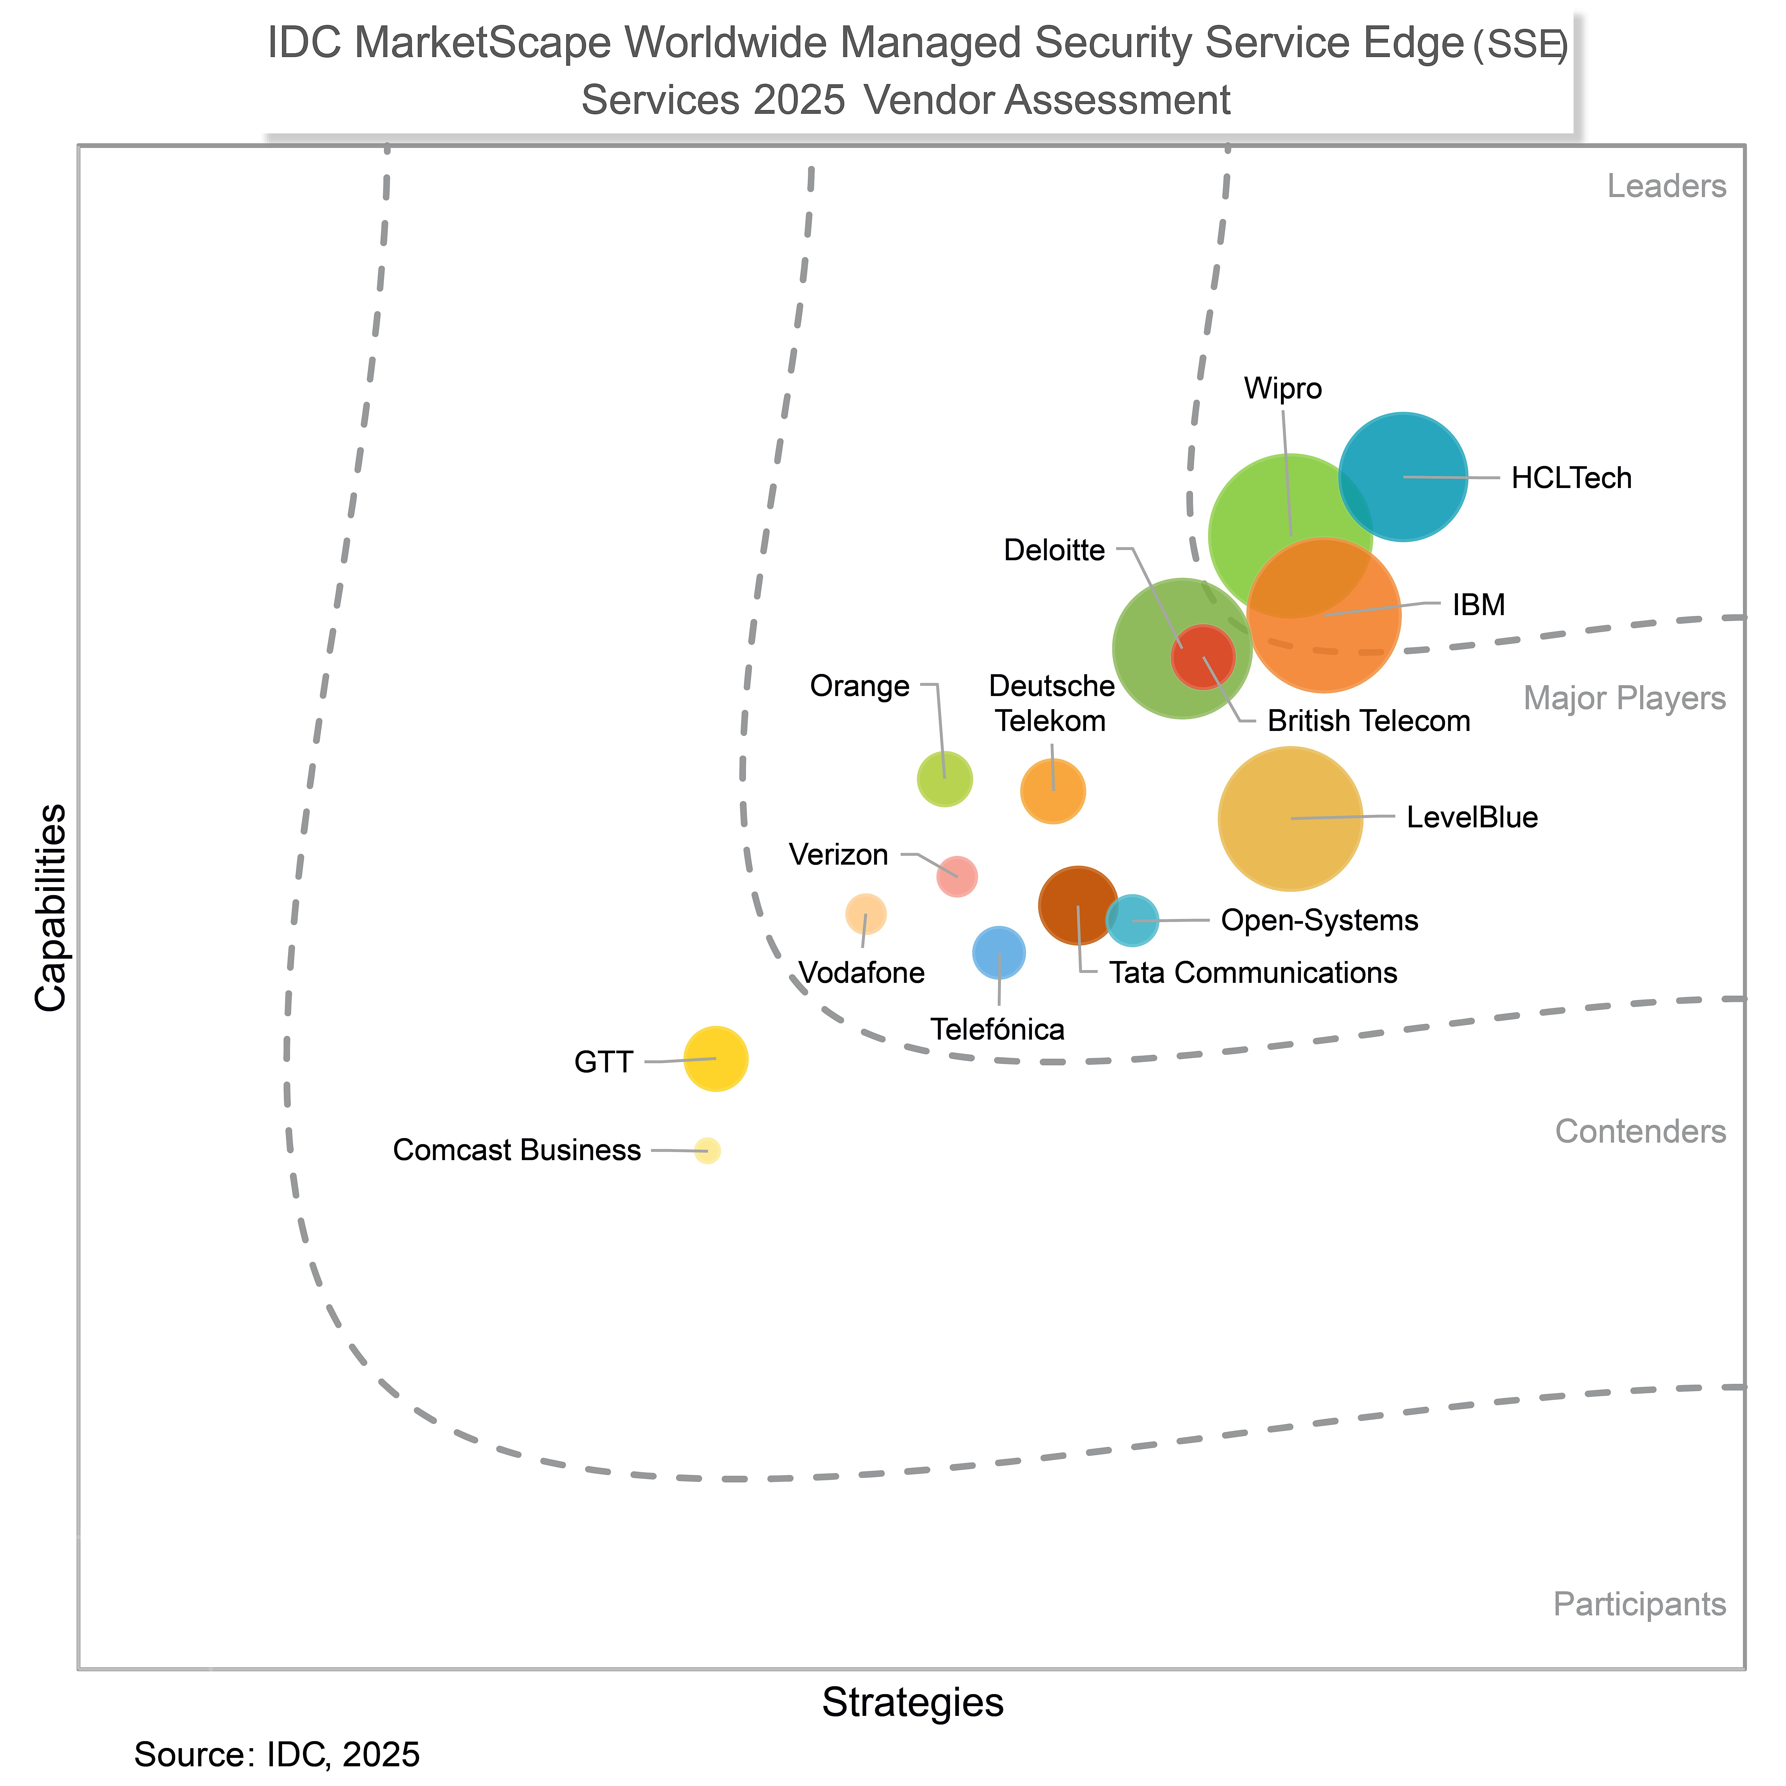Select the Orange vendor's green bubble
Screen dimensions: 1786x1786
944,778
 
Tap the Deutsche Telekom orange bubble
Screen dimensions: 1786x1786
1053,790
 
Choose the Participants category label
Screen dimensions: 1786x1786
1639,1604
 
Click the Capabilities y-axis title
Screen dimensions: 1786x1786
51,908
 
